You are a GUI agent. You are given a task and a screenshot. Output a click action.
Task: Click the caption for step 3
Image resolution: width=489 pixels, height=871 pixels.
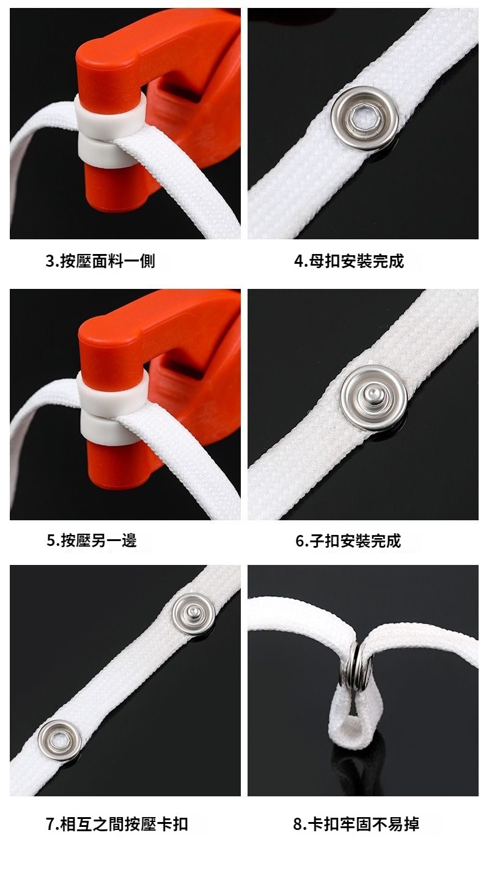tap(100, 261)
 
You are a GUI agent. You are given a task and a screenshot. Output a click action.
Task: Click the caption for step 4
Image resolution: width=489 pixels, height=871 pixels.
tap(349, 261)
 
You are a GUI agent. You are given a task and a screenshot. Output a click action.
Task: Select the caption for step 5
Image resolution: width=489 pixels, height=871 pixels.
tap(92, 540)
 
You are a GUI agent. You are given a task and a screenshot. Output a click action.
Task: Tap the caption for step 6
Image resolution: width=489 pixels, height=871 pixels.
tap(348, 540)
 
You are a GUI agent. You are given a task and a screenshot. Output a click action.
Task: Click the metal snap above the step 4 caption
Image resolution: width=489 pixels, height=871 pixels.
tap(365, 118)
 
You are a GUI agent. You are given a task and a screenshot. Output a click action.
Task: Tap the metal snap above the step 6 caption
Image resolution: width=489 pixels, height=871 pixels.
tap(373, 398)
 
